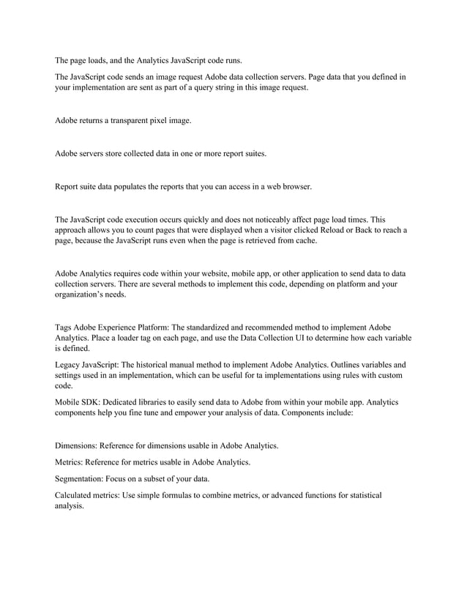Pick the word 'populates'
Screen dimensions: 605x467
click(124, 186)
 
